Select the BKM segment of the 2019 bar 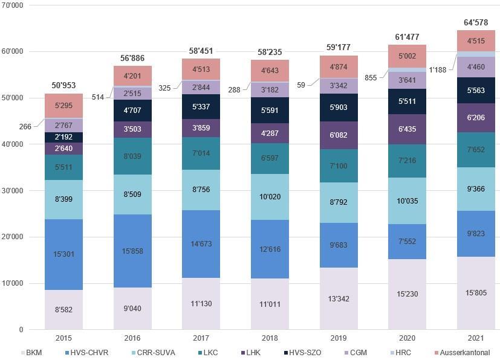click(x=339, y=298)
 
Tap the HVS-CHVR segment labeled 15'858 click(x=132, y=251)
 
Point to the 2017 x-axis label click(x=201, y=338)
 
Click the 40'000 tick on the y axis click(x=12, y=144)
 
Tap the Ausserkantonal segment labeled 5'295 click(x=64, y=106)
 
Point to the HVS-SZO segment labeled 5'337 click(x=201, y=107)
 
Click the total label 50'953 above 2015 click(x=64, y=86)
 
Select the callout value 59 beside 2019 click(x=300, y=85)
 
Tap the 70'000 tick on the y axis click(x=12, y=5)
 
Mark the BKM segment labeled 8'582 click(x=64, y=310)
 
